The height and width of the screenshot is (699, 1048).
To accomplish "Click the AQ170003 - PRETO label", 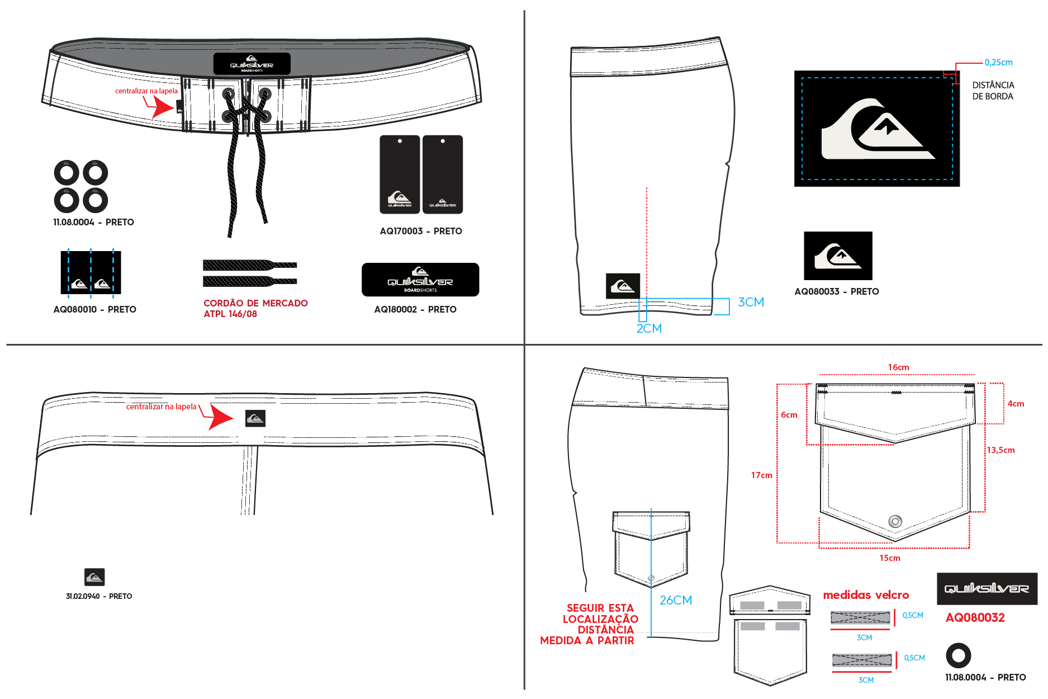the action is pyautogui.click(x=421, y=231).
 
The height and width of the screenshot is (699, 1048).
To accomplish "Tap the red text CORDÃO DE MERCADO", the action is pyautogui.click(x=255, y=303).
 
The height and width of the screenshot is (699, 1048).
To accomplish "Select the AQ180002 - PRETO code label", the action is pyautogui.click(x=415, y=309).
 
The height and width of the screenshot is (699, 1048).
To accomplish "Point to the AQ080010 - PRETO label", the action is pyautogui.click(x=94, y=309).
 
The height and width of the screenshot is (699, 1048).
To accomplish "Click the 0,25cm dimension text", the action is pyautogui.click(x=998, y=63).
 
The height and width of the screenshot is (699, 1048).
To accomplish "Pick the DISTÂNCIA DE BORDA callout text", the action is pyautogui.click(x=993, y=91).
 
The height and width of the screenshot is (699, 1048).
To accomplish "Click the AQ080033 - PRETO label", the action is pyautogui.click(x=837, y=291).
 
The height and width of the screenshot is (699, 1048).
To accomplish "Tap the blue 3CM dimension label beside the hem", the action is pyautogui.click(x=751, y=302).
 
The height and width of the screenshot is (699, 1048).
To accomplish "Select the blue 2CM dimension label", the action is pyautogui.click(x=649, y=328).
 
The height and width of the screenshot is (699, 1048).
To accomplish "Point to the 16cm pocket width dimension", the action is pyautogui.click(x=899, y=367).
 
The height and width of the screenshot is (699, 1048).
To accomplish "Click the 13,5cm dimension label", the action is pyautogui.click(x=1000, y=450).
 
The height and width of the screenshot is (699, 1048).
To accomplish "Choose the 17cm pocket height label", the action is pyautogui.click(x=761, y=475).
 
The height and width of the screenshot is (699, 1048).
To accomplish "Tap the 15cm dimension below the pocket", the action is pyautogui.click(x=890, y=558).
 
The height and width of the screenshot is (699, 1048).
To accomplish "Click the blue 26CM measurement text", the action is pyautogui.click(x=676, y=600).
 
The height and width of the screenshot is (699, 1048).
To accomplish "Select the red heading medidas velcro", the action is pyautogui.click(x=866, y=595).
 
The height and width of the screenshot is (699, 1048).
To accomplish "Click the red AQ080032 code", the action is pyautogui.click(x=975, y=617).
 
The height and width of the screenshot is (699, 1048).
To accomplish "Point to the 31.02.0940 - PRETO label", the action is pyautogui.click(x=99, y=596).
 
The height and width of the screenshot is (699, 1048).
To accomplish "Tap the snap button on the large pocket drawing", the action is pyautogui.click(x=895, y=522).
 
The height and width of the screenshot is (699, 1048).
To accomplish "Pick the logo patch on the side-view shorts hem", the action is pyautogui.click(x=623, y=286).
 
